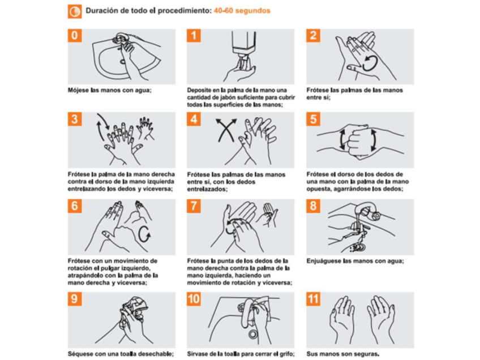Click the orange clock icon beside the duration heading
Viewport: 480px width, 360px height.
tap(75, 12)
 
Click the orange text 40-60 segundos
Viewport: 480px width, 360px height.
tap(242, 11)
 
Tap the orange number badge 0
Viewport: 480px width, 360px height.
tap(75, 36)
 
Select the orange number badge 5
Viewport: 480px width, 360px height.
tap(313, 119)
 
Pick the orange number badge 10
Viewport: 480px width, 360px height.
tap(194, 299)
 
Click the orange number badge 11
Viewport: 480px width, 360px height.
tap(313, 299)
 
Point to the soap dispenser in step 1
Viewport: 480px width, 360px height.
tap(244, 46)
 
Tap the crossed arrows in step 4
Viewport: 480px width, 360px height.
tap(226, 130)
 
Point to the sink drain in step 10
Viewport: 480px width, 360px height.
tap(253, 334)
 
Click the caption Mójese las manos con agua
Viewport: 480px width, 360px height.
tap(110, 91)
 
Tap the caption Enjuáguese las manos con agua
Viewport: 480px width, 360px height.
tap(355, 261)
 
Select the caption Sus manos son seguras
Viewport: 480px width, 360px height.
tap(343, 354)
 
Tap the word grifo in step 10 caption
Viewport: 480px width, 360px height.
tap(287, 354)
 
